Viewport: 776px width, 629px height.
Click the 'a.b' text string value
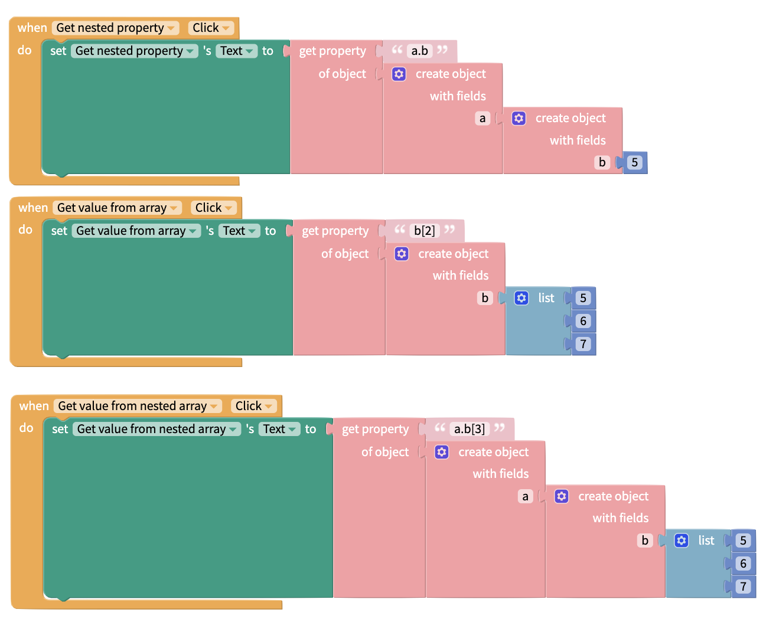tap(420, 51)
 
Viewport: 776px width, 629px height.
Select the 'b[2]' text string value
tap(424, 231)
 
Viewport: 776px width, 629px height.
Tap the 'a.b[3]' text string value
tap(469, 429)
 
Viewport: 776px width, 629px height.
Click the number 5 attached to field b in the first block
tap(634, 163)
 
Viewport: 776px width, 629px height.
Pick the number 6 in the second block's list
tap(583, 321)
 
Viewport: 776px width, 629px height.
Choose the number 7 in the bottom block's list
tap(743, 586)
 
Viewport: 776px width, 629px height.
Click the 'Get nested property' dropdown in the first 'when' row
tap(116, 28)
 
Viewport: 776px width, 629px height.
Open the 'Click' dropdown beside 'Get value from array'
tap(213, 208)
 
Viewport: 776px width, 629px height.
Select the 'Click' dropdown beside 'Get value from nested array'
tap(253, 406)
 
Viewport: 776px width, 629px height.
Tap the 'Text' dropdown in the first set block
tap(236, 51)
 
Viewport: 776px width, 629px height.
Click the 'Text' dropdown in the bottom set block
tap(279, 429)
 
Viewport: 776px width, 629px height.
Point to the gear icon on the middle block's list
tap(521, 298)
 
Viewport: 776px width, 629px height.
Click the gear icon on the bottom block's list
tap(682, 540)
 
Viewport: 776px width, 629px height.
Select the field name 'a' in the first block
tap(482, 119)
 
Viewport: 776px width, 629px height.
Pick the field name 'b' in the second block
tap(485, 298)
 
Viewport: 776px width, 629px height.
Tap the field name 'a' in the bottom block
tap(525, 496)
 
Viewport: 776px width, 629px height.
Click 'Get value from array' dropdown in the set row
tap(136, 231)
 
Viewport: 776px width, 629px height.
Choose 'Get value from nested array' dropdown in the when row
tap(138, 406)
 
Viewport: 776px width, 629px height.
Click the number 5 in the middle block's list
tap(583, 298)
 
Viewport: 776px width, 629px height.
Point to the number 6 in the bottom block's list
tap(743, 564)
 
